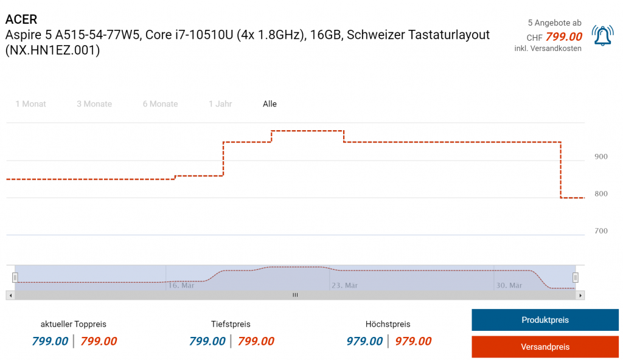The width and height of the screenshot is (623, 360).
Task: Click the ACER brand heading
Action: pyautogui.click(x=21, y=19)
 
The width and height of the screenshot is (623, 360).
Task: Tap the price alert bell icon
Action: pyautogui.click(x=602, y=36)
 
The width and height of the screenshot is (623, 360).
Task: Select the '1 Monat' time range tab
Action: pyautogui.click(x=30, y=104)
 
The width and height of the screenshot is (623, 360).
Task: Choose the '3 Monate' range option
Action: pyautogui.click(x=94, y=104)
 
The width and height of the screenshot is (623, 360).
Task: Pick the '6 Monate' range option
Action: pyautogui.click(x=160, y=104)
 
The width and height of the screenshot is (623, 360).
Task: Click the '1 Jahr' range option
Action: pyautogui.click(x=220, y=104)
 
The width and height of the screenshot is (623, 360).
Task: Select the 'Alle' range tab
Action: pyautogui.click(x=270, y=104)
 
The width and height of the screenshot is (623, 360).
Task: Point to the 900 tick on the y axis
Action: pyautogui.click(x=600, y=157)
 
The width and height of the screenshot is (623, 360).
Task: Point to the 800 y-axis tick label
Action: pyautogui.click(x=600, y=194)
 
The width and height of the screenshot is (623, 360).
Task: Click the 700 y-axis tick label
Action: pyautogui.click(x=600, y=231)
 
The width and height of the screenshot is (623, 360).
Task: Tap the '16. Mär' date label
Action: pyautogui.click(x=181, y=285)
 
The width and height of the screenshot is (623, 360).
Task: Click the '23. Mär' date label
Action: pyautogui.click(x=344, y=285)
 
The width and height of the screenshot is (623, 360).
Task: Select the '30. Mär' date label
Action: pyautogui.click(x=508, y=285)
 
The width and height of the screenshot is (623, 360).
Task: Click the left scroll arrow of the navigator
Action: pyautogui.click(x=9, y=295)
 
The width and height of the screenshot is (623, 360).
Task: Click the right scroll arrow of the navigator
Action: pyautogui.click(x=580, y=295)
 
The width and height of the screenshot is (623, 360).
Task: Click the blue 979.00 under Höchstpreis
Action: pyautogui.click(x=364, y=341)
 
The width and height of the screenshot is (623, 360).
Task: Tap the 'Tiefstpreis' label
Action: pyautogui.click(x=231, y=324)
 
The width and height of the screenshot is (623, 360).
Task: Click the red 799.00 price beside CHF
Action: pyautogui.click(x=564, y=37)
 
